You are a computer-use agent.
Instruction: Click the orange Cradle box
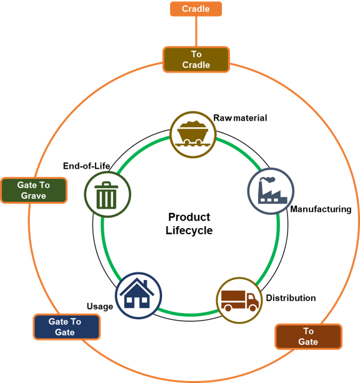point(196,9)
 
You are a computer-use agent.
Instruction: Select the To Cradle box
point(196,59)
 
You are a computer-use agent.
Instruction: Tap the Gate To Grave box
point(34,191)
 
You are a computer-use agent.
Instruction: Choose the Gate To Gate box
point(67,327)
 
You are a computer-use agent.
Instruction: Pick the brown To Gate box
point(308,336)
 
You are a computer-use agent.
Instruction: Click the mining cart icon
point(193,134)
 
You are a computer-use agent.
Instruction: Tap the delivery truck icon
point(239,301)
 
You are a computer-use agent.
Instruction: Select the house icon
point(137,293)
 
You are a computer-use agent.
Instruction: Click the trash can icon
point(106,195)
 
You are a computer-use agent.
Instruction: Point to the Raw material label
point(240,118)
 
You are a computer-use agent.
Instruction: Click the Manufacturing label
point(321,209)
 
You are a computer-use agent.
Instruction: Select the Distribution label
point(291,298)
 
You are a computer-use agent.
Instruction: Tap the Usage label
point(100,307)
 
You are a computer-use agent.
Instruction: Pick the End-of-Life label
point(86,166)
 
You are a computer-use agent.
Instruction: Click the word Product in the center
point(189,217)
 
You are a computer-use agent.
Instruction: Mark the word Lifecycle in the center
point(189,231)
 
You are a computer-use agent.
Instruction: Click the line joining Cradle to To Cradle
point(196,31)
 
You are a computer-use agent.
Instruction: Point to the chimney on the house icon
point(145,284)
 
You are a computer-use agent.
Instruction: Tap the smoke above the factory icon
point(267,180)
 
